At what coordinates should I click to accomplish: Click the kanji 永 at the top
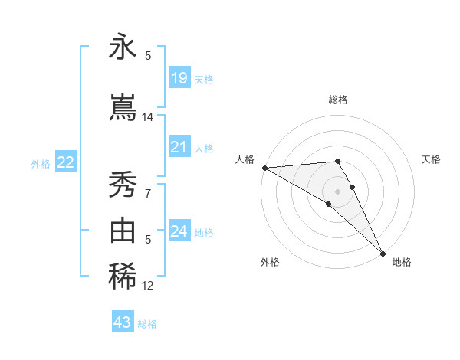pyautogui.click(x=123, y=48)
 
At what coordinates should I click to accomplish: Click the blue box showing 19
pyautogui.click(x=179, y=78)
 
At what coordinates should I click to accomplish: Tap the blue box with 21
pyautogui.click(x=179, y=148)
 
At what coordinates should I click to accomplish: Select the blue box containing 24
pyautogui.click(x=179, y=231)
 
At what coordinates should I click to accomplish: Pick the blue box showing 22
pyautogui.click(x=66, y=162)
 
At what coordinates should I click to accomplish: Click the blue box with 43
pyautogui.click(x=123, y=322)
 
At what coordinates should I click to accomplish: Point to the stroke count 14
pyautogui.click(x=148, y=117)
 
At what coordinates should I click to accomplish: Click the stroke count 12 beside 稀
pyautogui.click(x=148, y=286)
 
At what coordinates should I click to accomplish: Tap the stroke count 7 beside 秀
pyautogui.click(x=148, y=193)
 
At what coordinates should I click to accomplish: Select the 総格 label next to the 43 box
pyautogui.click(x=147, y=324)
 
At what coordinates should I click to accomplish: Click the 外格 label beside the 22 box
pyautogui.click(x=41, y=163)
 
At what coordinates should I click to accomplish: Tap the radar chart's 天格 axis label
pyautogui.click(x=431, y=159)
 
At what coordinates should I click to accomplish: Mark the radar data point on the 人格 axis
pyautogui.click(x=264, y=168)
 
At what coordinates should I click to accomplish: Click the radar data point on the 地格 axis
pyautogui.click(x=383, y=254)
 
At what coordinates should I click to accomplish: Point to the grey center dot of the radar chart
pyautogui.click(x=337, y=191)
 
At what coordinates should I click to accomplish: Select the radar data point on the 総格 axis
pyautogui.click(x=337, y=161)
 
